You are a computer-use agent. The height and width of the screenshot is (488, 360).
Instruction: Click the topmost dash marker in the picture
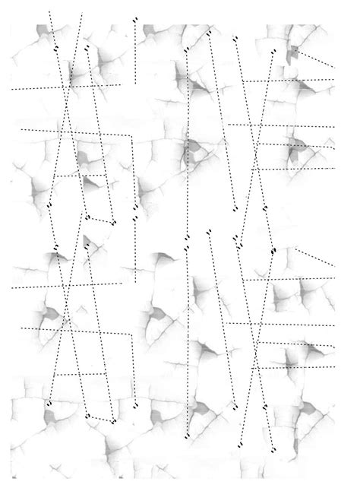[x=135, y=19]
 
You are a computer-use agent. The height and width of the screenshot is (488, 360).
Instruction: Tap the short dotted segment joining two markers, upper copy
[x=100, y=220]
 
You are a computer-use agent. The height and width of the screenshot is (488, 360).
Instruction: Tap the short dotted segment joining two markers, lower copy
[x=100, y=418]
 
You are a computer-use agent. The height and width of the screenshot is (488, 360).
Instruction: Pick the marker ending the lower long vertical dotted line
[x=187, y=436]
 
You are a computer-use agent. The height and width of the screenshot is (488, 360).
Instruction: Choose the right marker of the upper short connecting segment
[x=113, y=223]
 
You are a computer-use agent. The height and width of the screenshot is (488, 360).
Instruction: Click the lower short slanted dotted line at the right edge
[x=314, y=256]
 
